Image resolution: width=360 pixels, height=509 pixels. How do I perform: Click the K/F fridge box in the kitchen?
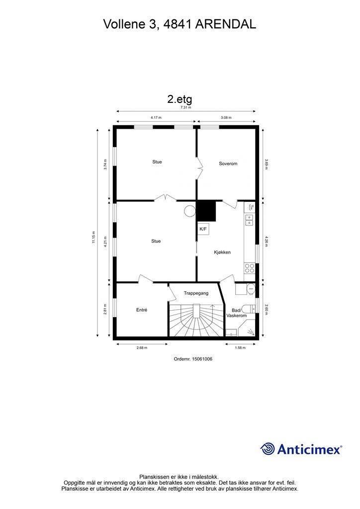[203, 229]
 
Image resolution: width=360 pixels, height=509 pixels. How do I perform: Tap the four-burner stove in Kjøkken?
[250, 268]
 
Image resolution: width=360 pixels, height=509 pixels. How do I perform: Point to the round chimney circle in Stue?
[190, 211]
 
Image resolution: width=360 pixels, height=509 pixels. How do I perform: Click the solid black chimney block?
[207, 211]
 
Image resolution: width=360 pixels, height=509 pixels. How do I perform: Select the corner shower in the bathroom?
[249, 329]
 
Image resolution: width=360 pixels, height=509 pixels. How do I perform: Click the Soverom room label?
[228, 164]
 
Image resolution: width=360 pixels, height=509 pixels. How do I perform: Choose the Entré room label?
[142, 310]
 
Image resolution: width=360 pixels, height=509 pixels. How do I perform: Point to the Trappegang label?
[195, 293]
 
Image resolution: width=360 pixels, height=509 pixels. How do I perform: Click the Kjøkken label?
[222, 253]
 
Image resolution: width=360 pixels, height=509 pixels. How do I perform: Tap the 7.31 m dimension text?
[186, 107]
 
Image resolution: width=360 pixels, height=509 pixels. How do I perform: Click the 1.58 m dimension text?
[240, 348]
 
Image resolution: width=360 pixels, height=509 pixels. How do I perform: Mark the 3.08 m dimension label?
[227, 118]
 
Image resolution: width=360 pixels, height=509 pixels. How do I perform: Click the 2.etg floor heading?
[180, 98]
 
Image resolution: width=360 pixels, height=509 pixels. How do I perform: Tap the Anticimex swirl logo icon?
[268, 449]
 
